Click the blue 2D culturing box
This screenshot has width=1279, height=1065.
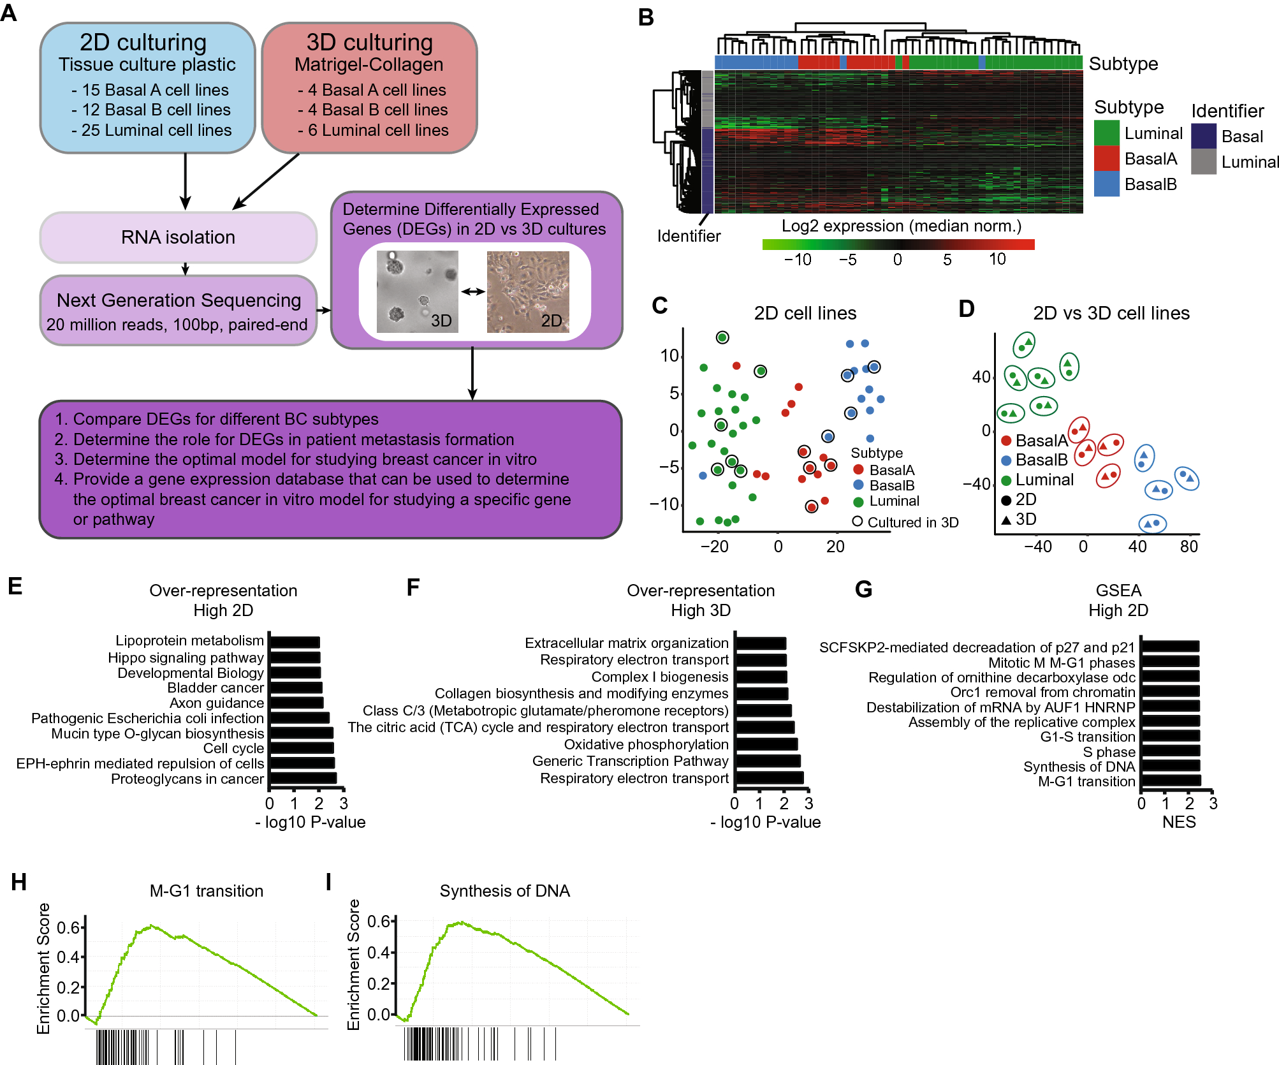147,88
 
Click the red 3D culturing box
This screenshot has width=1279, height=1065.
370,88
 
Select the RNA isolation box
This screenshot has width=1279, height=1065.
178,237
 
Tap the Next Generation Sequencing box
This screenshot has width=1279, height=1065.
178,311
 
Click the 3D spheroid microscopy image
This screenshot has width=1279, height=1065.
417,291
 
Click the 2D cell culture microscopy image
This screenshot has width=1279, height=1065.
528,291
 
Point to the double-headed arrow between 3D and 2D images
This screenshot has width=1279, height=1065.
472,291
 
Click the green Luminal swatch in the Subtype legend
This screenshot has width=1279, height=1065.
1106,133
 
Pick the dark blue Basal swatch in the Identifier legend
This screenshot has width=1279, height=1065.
1203,136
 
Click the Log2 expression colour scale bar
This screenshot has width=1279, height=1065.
898,244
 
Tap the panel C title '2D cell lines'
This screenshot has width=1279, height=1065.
805,313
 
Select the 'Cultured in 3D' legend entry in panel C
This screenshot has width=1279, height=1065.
905,522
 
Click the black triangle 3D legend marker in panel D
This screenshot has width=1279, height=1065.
1006,520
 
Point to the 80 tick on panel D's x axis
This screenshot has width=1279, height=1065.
1188,547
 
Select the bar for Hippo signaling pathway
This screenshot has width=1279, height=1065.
295,657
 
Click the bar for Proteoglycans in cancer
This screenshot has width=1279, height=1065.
303,778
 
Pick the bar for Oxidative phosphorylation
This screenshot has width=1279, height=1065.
766,744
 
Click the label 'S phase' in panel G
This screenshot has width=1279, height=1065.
1109,752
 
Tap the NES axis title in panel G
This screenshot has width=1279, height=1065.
1178,822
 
